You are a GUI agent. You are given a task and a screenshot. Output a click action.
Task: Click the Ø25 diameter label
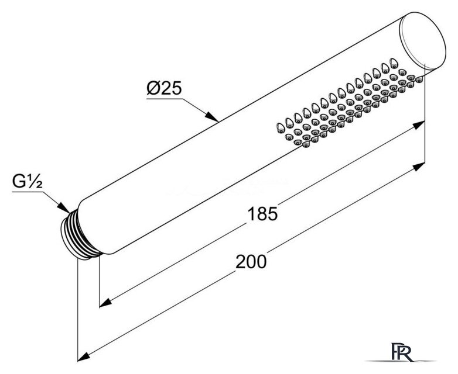(164, 88)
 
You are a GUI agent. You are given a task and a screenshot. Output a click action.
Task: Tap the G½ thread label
(28, 182)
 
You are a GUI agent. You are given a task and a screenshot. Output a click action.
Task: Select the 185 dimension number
(262, 214)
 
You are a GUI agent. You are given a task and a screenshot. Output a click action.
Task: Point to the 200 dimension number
(251, 261)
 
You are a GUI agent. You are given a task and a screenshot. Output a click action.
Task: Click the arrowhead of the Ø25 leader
(211, 116)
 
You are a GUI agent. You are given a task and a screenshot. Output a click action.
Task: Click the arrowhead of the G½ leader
(63, 207)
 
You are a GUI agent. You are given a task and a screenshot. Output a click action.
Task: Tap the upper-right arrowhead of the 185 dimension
(418, 125)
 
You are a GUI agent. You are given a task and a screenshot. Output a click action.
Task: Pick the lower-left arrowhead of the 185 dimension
(106, 302)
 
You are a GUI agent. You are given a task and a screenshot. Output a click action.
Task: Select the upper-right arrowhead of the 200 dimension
(418, 167)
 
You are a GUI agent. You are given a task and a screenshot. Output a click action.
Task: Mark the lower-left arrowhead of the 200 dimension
(84, 357)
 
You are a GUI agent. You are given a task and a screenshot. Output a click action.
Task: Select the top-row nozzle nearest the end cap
(394, 63)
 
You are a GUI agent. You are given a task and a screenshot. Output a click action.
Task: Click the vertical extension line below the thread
(78, 310)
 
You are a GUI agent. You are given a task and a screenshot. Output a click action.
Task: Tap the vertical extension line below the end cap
(425, 117)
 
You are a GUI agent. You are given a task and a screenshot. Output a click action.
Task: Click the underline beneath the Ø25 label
(165, 99)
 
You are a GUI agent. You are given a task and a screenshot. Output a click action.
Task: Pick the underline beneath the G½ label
(28, 192)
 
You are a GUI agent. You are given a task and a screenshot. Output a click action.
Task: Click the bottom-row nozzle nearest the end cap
(419, 79)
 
